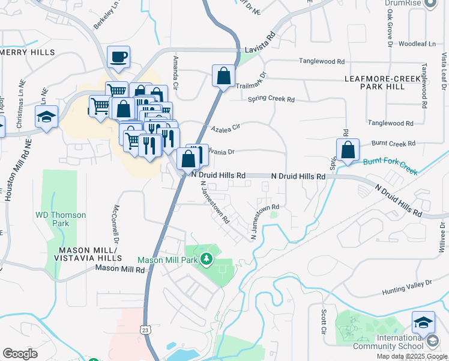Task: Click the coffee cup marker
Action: tap(118, 57)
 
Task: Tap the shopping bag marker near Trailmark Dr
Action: tap(223, 76)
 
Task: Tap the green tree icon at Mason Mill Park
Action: tap(207, 260)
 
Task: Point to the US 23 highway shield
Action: tap(145, 329)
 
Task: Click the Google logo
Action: tap(20, 354)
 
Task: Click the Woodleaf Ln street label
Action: tap(420, 44)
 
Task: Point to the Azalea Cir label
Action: tap(226, 128)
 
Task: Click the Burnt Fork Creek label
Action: tap(390, 166)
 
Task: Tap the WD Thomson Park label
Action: tap(61, 219)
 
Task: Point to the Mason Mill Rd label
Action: tap(120, 270)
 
